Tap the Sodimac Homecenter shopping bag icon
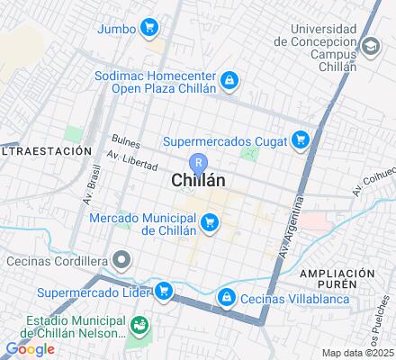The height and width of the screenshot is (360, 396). (x=229, y=81)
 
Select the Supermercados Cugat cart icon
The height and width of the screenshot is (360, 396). (x=301, y=139)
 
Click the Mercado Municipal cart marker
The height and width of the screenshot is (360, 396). (x=210, y=222)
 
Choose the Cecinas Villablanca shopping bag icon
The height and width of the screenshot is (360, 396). (x=228, y=295)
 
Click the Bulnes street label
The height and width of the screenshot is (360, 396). (x=125, y=140)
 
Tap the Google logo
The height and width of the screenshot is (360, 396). (x=29, y=348)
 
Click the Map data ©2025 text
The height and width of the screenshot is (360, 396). (x=358, y=353)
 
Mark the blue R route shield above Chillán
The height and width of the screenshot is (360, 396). (x=201, y=163)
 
